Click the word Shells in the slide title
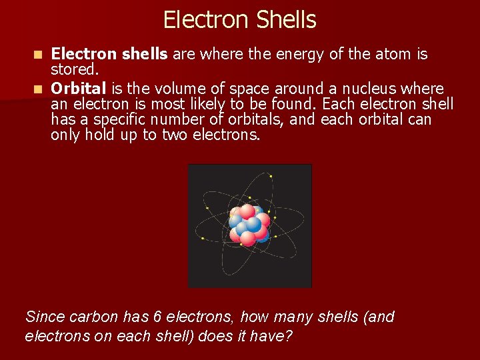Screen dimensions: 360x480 (x=282, y=20)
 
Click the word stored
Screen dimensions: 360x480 (x=75, y=69)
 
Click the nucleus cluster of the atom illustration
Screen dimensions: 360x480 (x=249, y=225)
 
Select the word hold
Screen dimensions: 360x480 (x=101, y=135)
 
